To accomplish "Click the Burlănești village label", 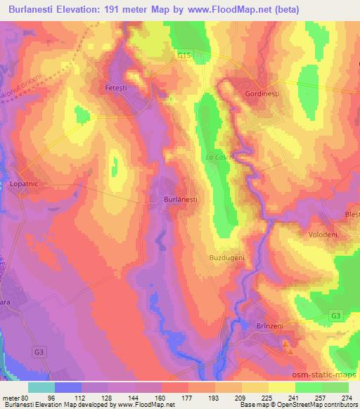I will click(180, 200).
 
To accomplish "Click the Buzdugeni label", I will click(227, 258).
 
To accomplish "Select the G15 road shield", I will click(185, 54).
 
